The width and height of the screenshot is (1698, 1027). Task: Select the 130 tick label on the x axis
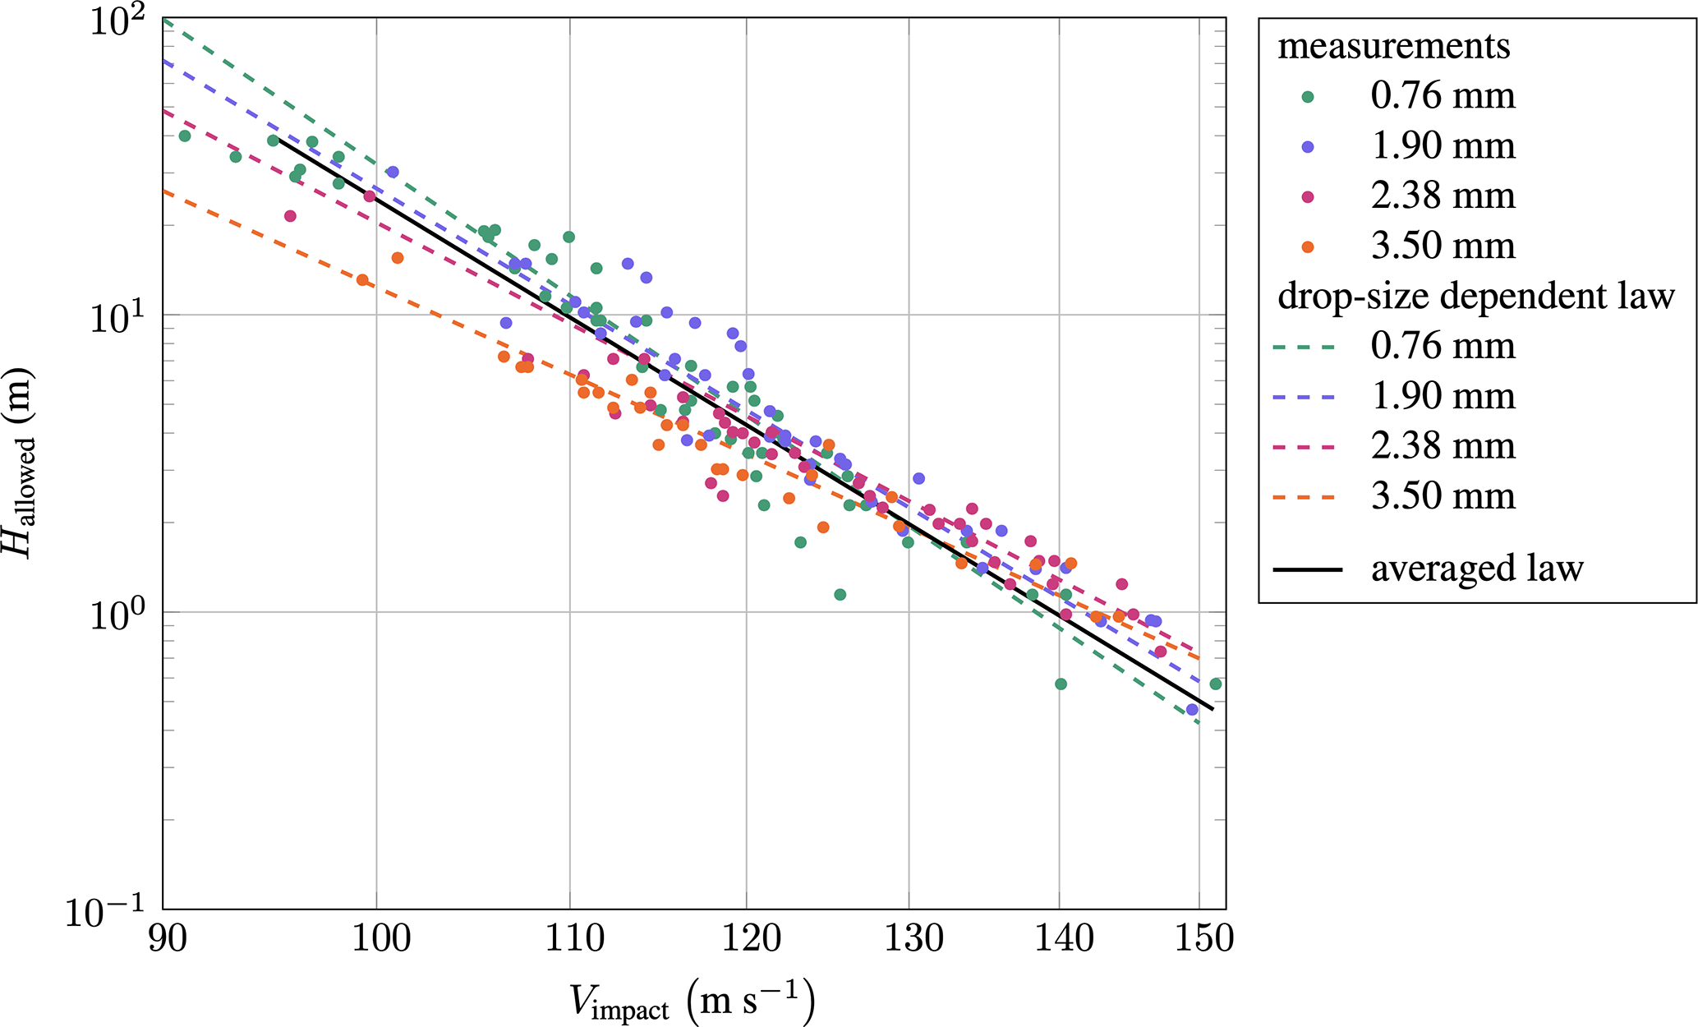pyautogui.click(x=909, y=937)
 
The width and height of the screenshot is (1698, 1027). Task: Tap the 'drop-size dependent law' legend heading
pyautogui.click(x=1476, y=296)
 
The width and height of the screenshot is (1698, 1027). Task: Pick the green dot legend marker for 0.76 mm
pyautogui.click(x=1309, y=96)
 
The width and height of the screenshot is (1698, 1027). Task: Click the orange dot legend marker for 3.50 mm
pyautogui.click(x=1309, y=246)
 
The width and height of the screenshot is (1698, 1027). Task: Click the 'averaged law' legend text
pyautogui.click(x=1477, y=569)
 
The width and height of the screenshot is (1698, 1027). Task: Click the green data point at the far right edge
pyautogui.click(x=1216, y=684)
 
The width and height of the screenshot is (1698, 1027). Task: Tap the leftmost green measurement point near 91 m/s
pyautogui.click(x=185, y=136)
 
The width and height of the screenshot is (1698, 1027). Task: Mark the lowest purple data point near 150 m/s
pyautogui.click(x=1192, y=709)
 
